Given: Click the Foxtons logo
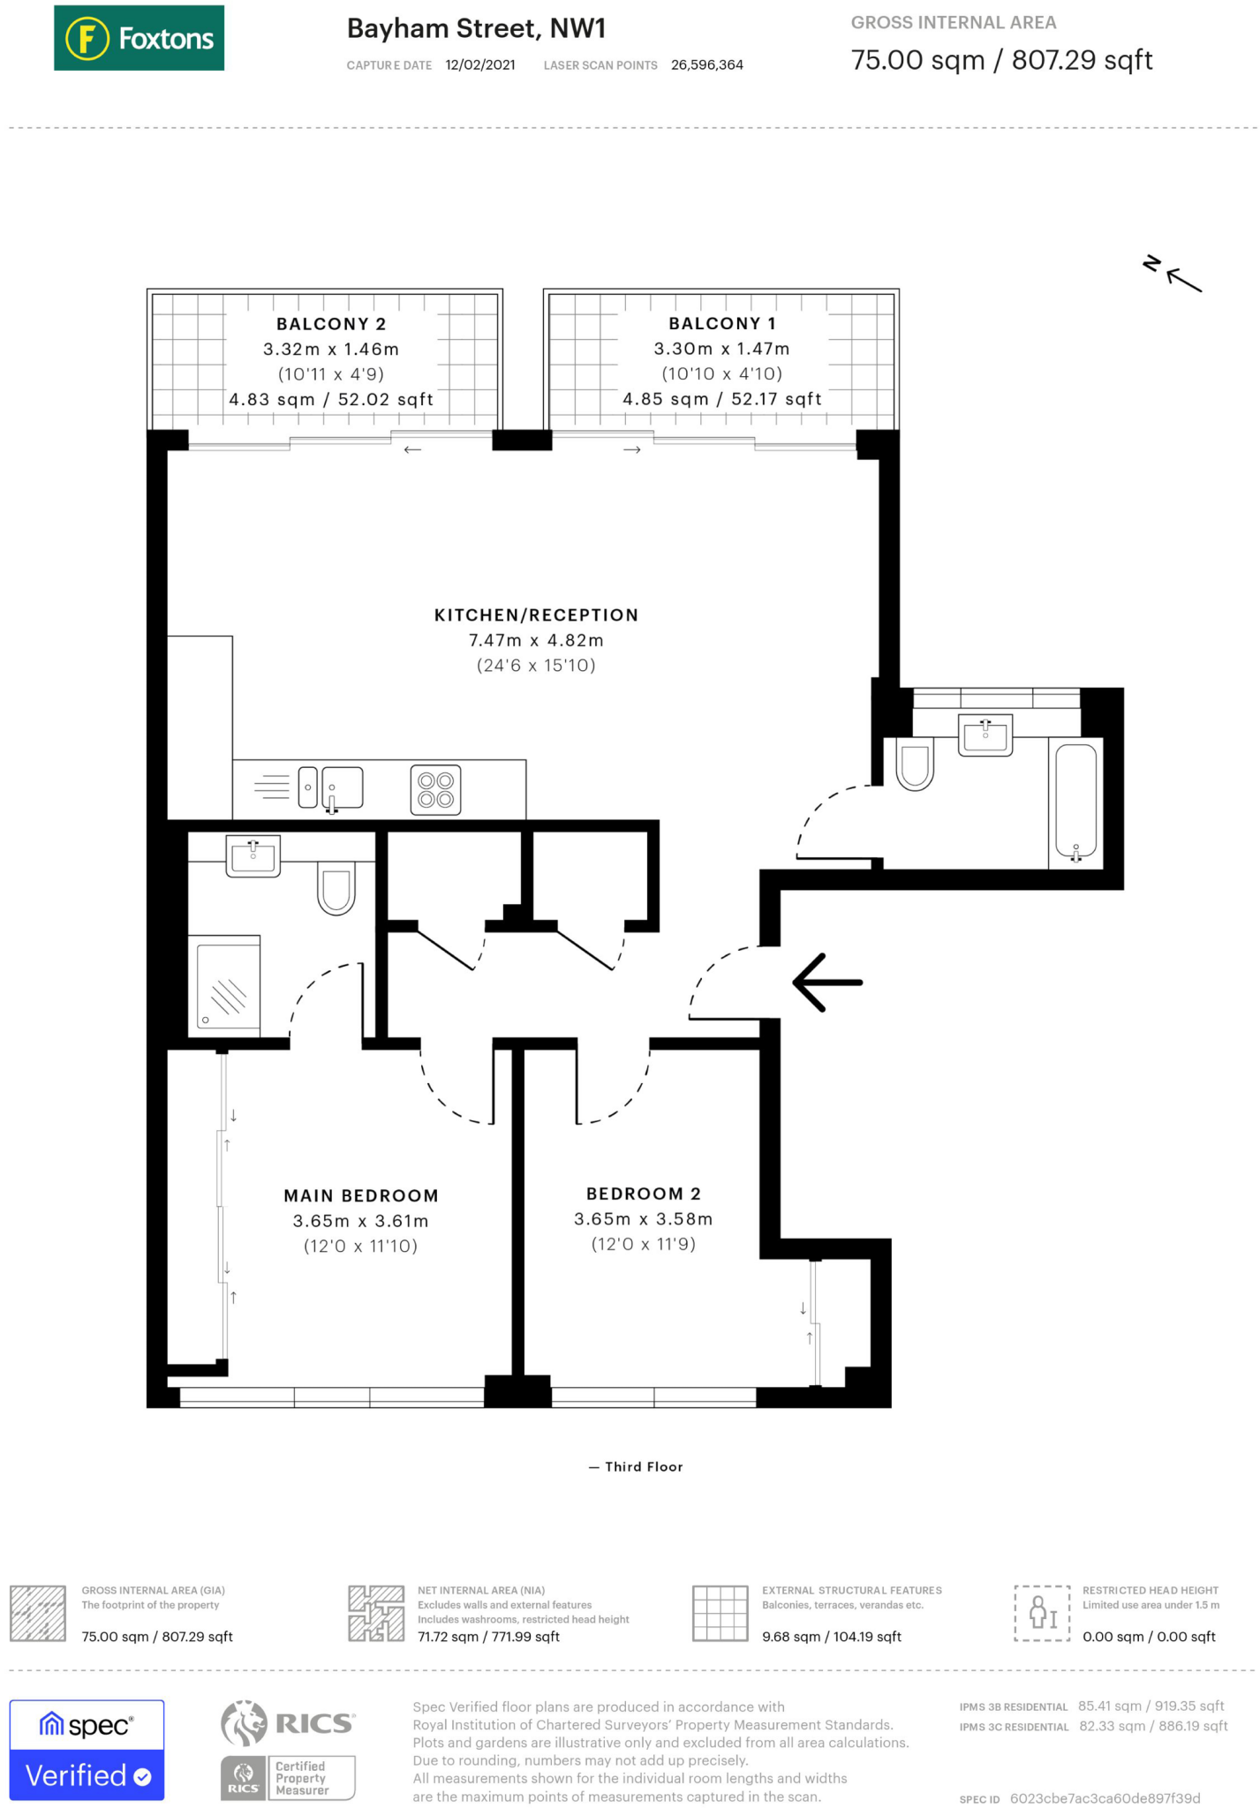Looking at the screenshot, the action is tap(139, 38).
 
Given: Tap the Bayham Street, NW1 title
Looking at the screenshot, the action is tap(477, 29).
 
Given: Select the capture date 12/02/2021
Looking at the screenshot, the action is tap(480, 65).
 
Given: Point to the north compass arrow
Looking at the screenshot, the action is tap(1183, 280).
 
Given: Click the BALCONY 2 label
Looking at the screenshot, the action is tap(331, 324).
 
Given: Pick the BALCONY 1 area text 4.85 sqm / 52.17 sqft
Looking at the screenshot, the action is tap(722, 399).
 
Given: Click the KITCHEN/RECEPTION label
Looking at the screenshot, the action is tap(536, 615).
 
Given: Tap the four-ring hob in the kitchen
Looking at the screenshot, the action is tap(435, 789).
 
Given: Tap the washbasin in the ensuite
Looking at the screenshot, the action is tap(253, 855).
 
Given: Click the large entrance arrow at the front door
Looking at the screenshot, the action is tap(827, 982).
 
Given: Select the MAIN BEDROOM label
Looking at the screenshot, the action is tap(361, 1196).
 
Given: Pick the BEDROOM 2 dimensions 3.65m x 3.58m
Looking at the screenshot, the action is tap(643, 1219).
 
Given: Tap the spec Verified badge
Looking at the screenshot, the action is tap(87, 1750).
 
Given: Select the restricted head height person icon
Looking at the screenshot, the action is tap(1043, 1613).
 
